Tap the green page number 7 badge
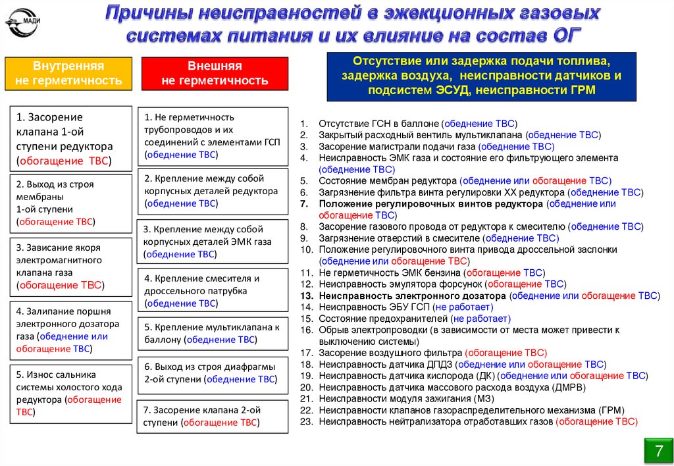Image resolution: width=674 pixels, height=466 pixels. (x=658, y=451)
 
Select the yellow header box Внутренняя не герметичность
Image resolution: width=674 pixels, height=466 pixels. (x=68, y=74)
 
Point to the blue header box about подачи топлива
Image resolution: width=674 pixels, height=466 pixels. (x=482, y=76)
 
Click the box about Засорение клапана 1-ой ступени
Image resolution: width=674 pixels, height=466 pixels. (x=68, y=138)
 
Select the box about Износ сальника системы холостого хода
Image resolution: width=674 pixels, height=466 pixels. (x=68, y=393)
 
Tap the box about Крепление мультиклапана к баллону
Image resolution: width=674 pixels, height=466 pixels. (x=212, y=333)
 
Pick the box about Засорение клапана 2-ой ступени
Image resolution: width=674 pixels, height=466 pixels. (x=212, y=416)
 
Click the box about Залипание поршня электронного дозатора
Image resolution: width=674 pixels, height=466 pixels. (x=68, y=330)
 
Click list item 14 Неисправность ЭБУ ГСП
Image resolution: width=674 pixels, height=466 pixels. (x=405, y=307)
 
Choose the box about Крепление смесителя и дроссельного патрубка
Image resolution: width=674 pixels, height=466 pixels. (x=212, y=290)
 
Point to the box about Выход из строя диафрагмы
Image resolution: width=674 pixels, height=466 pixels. (x=212, y=373)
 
